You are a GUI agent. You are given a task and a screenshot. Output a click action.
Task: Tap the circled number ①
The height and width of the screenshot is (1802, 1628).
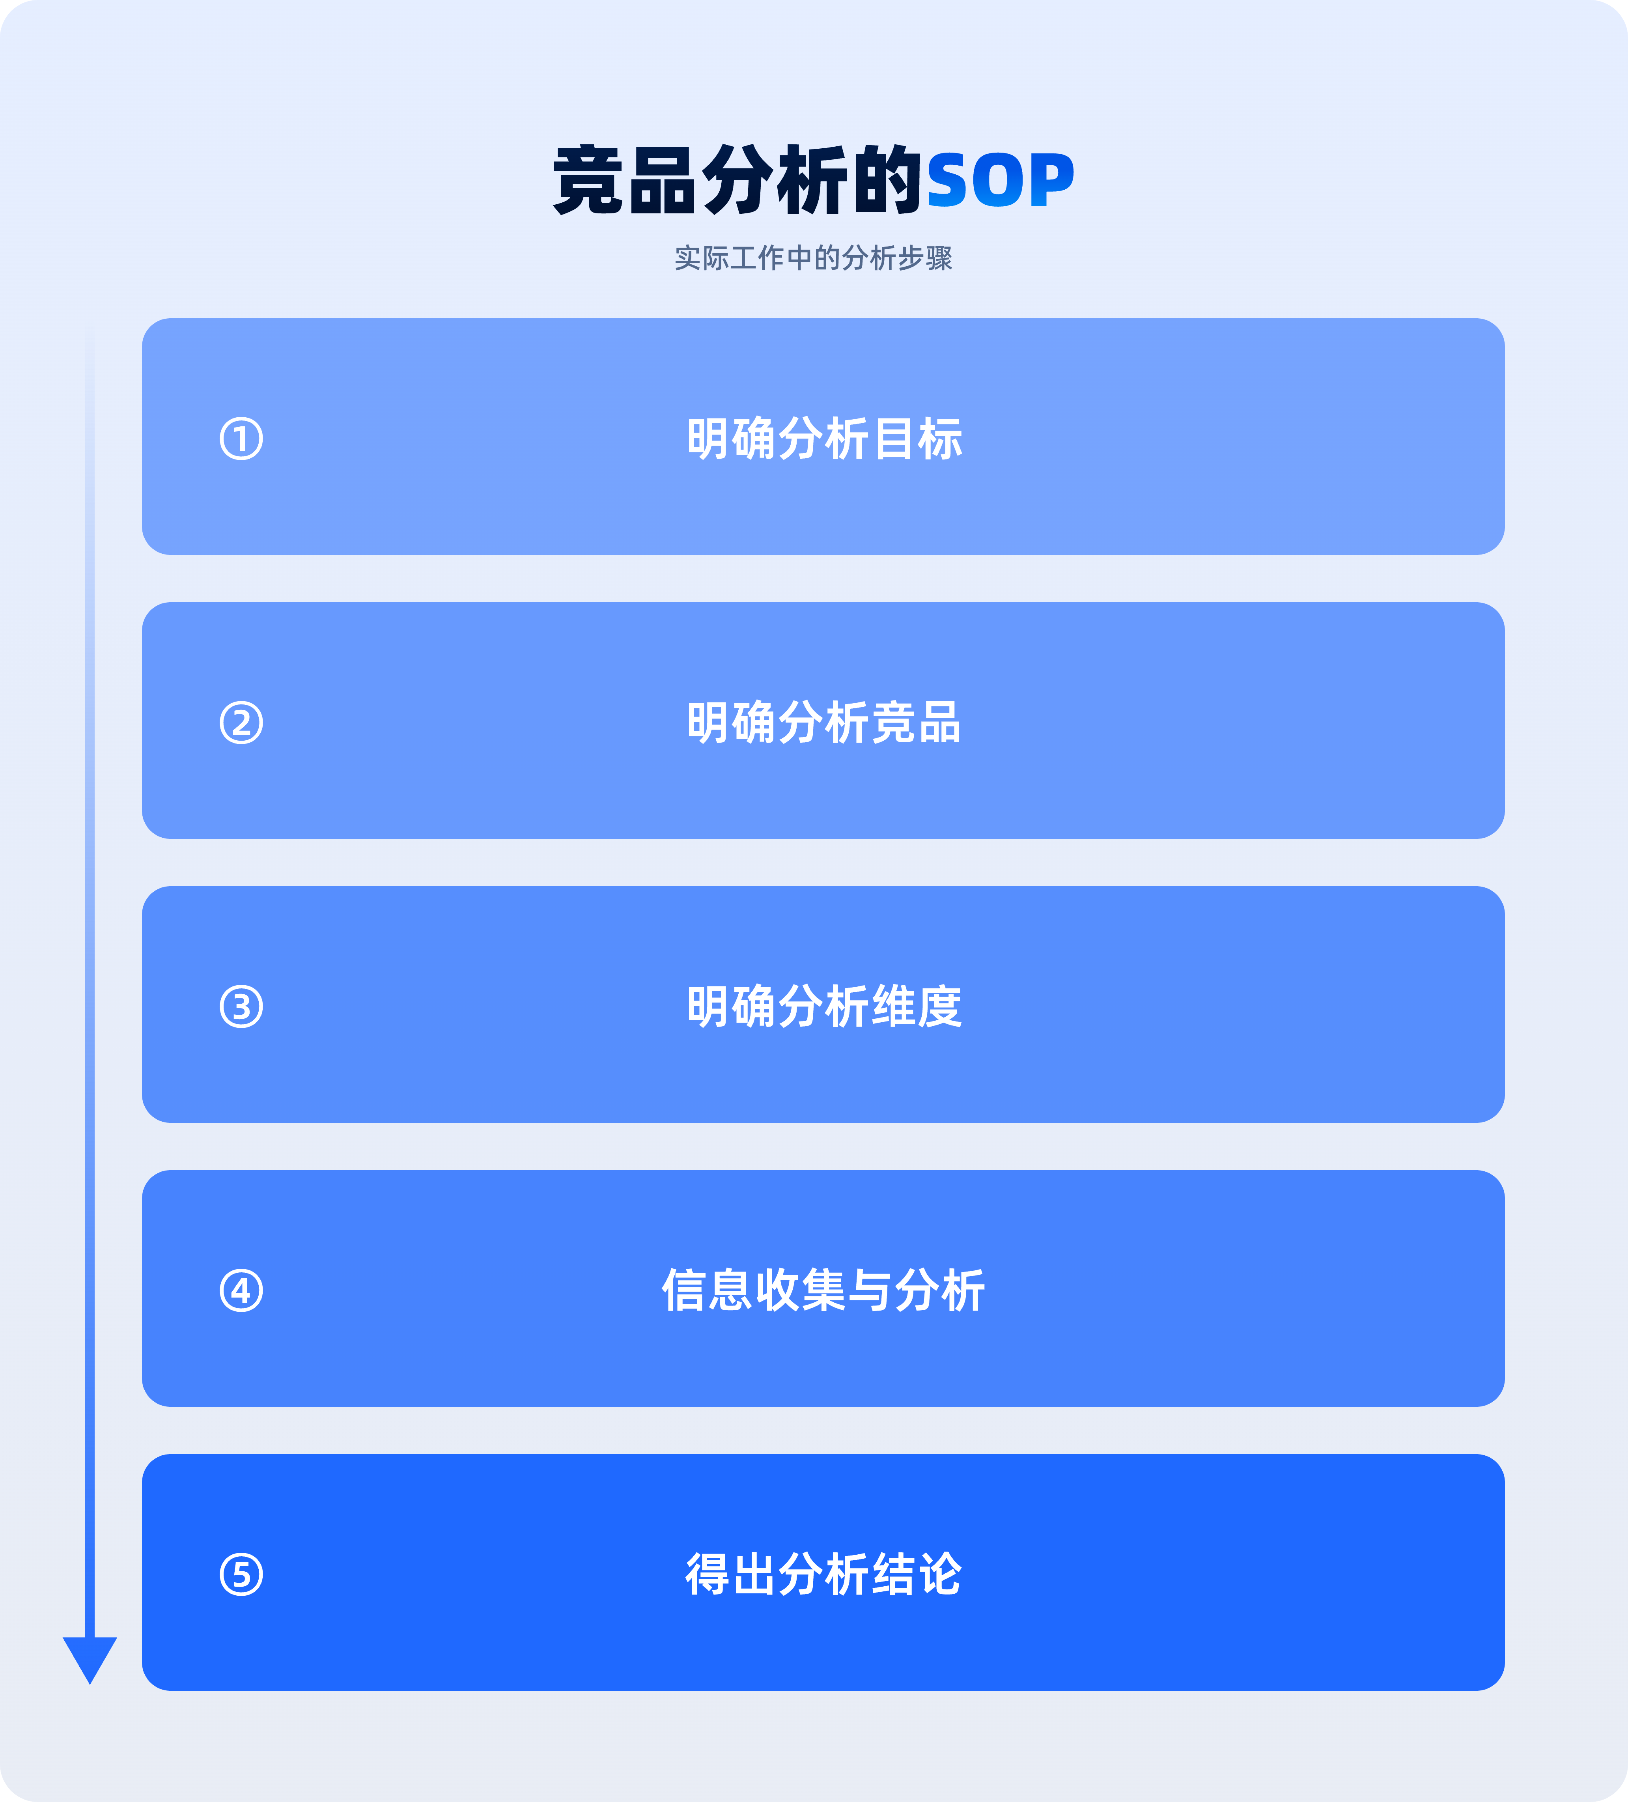point(241,439)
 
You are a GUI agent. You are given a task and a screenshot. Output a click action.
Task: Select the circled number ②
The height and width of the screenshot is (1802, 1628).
point(241,723)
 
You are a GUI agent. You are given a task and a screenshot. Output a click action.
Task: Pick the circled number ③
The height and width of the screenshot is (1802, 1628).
point(241,1007)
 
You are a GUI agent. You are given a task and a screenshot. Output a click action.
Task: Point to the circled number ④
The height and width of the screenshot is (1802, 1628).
point(241,1291)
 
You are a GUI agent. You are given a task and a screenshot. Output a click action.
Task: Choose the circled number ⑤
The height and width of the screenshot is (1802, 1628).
point(241,1575)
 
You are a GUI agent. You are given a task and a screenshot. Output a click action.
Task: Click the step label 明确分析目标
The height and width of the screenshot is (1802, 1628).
point(824,439)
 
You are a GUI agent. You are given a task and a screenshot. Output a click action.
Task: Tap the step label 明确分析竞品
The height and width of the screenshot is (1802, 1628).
point(824,723)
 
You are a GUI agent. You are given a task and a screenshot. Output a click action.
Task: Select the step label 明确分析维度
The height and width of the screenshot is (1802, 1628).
point(824,1007)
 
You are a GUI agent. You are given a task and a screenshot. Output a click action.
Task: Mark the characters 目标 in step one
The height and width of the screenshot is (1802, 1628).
point(918,439)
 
